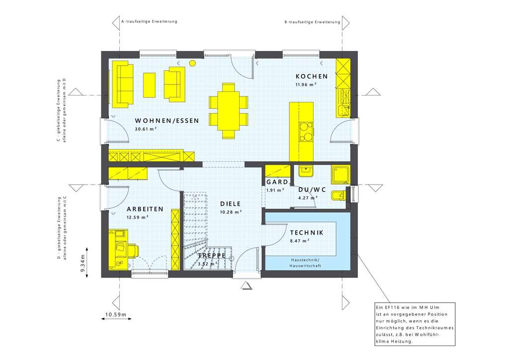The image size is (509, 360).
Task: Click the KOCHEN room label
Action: [x=312, y=76]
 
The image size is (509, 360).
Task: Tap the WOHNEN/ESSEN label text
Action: [x=167, y=121]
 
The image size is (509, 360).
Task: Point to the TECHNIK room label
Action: [x=307, y=233]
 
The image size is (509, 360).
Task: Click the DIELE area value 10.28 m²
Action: [x=231, y=212]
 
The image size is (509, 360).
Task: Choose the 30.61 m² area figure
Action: [x=146, y=129]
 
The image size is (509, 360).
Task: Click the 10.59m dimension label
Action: [x=116, y=315]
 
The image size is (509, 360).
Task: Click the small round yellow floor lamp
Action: [x=192, y=63]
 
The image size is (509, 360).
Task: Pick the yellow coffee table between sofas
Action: [x=149, y=85]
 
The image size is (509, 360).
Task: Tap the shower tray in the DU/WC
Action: [x=341, y=174]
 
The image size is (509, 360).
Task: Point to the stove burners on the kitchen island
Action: [x=306, y=135]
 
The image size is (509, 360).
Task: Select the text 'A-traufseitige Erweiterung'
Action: [x=149, y=22]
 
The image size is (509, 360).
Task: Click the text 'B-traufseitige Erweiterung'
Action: [x=312, y=22]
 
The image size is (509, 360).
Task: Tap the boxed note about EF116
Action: [x=413, y=328]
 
